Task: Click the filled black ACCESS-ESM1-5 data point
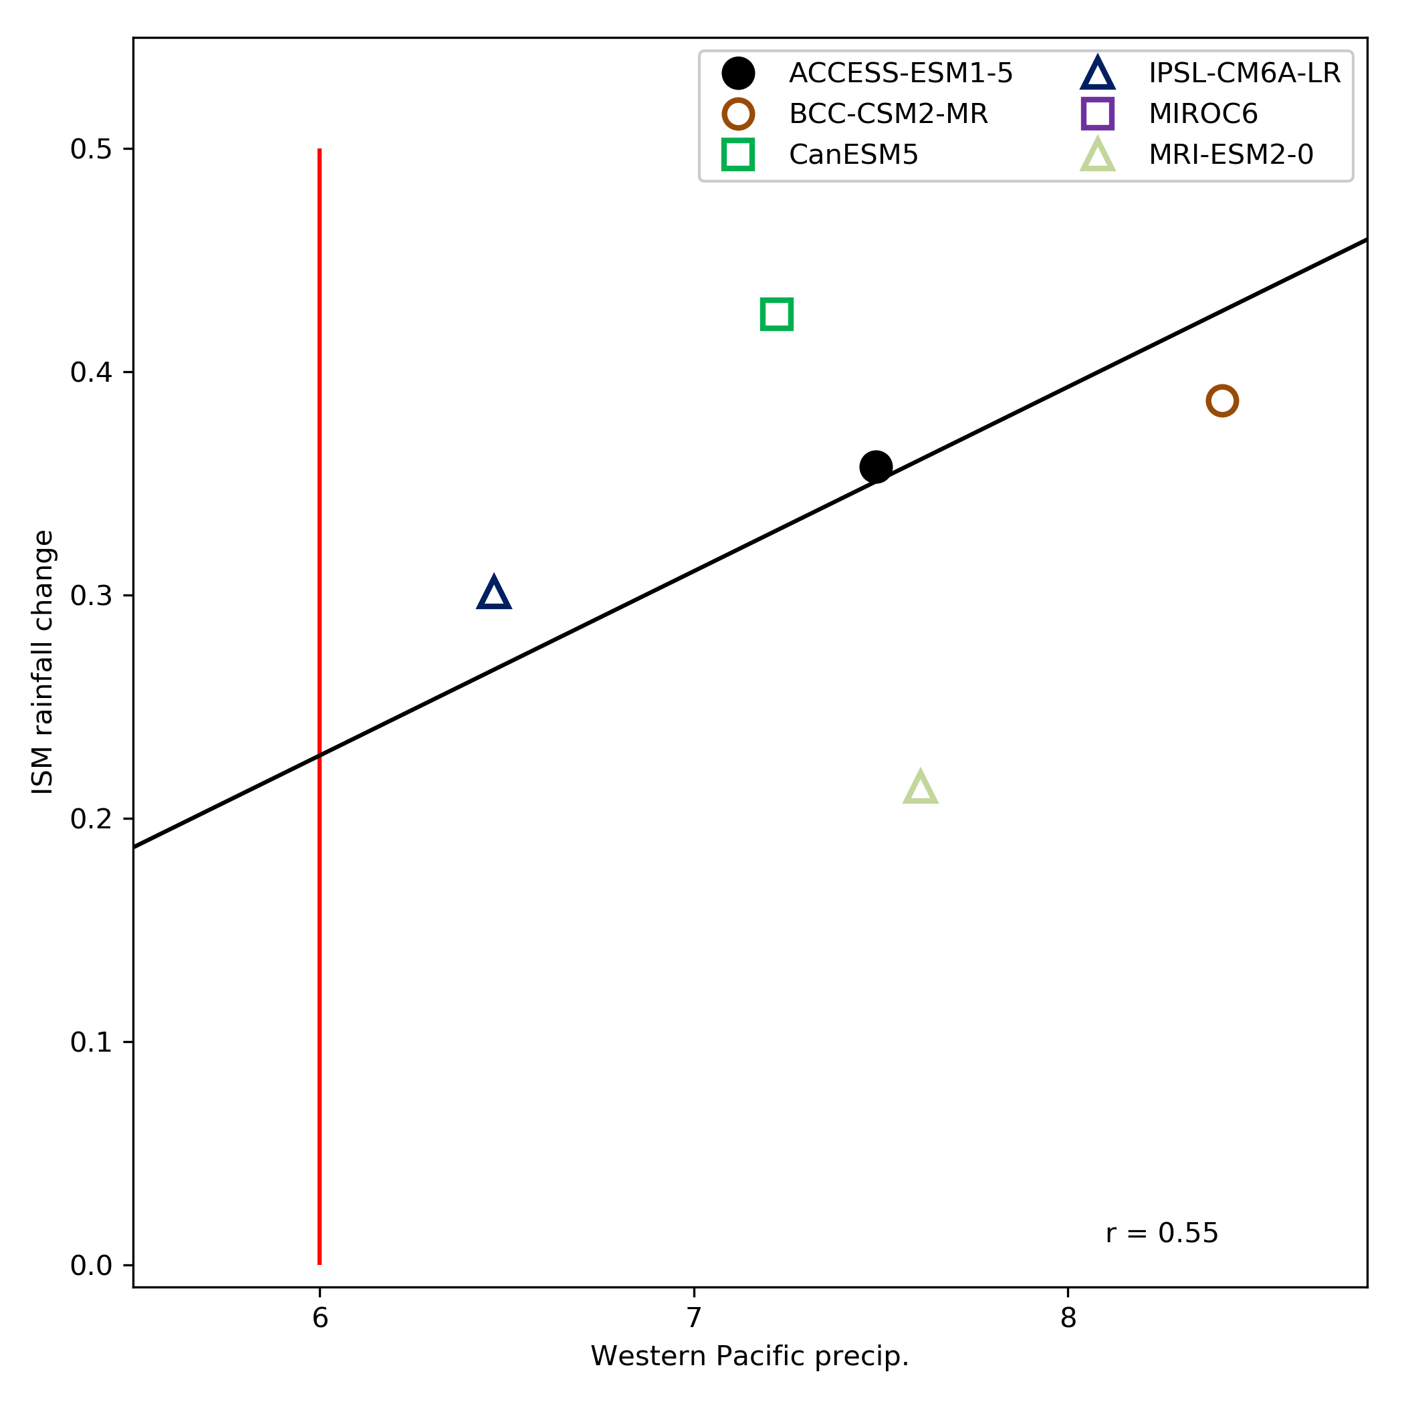tap(876, 467)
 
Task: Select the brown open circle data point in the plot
tap(1221, 400)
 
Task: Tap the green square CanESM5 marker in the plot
tap(776, 314)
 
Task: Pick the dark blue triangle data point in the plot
tap(493, 594)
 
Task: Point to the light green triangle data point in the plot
tap(920, 788)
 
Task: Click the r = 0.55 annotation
tap(1161, 1234)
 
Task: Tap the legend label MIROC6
tap(1203, 114)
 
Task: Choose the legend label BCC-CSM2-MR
tap(888, 114)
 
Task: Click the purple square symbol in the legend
tap(1096, 114)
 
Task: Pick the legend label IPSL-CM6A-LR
tap(1244, 74)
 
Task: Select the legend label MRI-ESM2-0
tap(1231, 155)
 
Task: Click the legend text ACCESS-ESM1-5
tap(901, 74)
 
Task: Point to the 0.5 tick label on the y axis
tap(91, 149)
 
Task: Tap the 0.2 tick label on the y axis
tap(91, 819)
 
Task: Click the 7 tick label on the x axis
tap(694, 1318)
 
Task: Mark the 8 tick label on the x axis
tap(1068, 1318)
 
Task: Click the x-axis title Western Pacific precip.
tap(750, 1356)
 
